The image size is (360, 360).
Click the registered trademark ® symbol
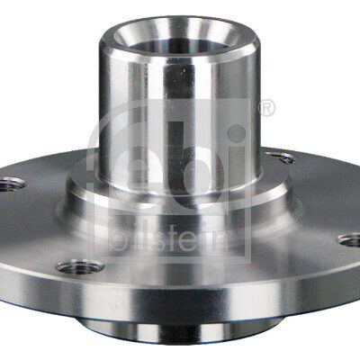(266, 108)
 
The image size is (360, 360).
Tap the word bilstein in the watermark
(169, 241)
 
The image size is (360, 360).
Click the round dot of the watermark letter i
(237, 134)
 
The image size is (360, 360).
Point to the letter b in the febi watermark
(196, 165)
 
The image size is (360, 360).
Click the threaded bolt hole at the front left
(79, 266)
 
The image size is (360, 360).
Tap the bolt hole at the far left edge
(11, 184)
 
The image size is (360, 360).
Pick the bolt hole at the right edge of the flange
(349, 240)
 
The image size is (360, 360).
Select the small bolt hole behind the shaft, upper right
(281, 157)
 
